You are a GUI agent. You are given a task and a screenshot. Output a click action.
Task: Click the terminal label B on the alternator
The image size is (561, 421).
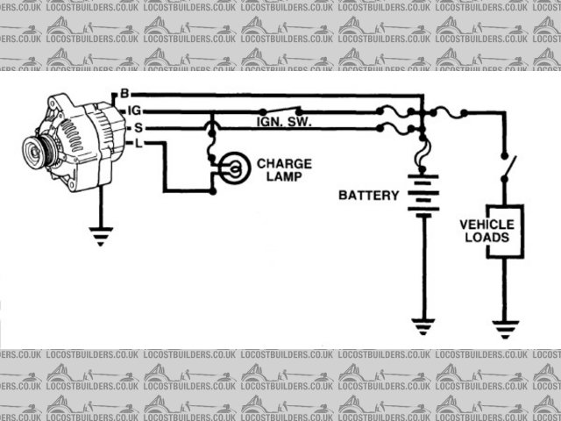[124, 93]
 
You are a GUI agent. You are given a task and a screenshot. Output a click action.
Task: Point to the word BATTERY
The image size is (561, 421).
[369, 195]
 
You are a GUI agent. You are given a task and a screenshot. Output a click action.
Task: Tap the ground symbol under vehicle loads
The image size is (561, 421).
[504, 329]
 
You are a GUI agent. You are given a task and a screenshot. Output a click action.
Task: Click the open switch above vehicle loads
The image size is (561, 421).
[507, 167]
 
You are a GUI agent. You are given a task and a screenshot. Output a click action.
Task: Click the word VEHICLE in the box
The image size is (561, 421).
[488, 224]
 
